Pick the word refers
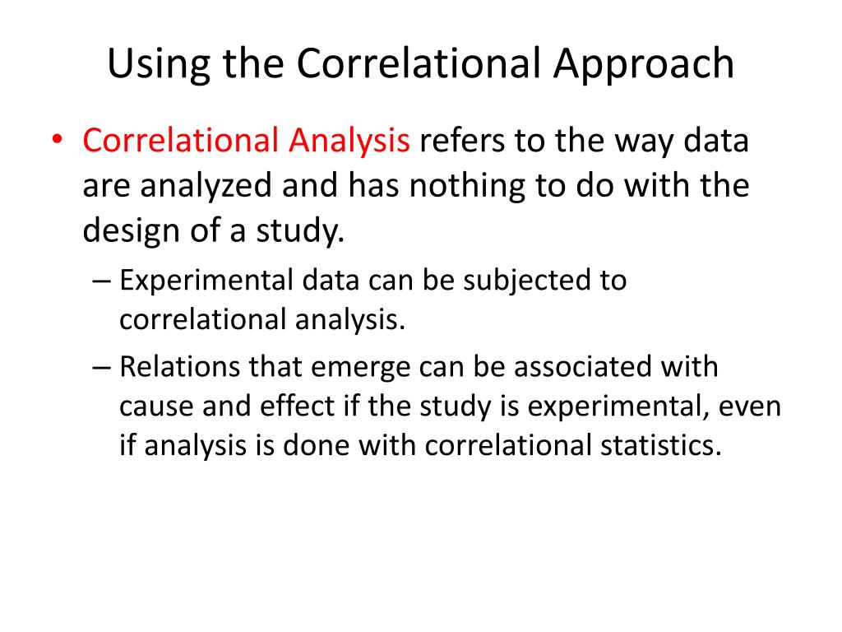tap(461, 142)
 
